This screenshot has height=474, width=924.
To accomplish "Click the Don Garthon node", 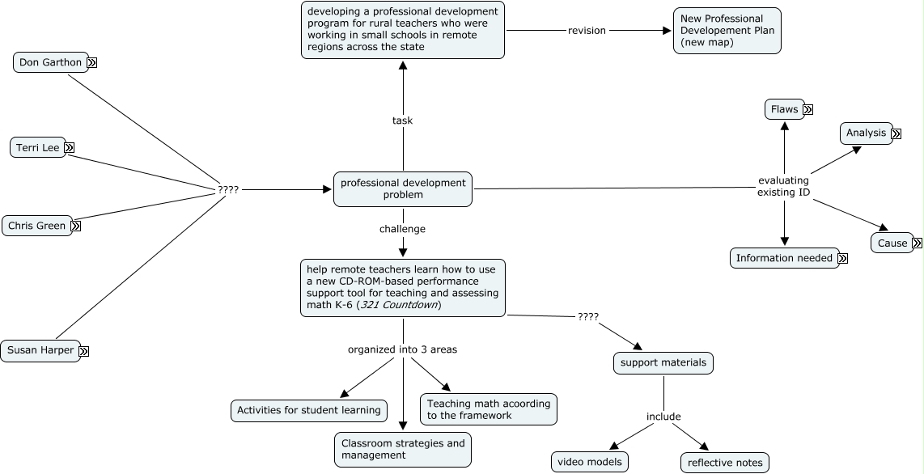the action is (x=51, y=62).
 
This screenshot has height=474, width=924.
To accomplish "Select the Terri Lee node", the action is (x=38, y=147).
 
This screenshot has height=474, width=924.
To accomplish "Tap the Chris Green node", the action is (x=36, y=226).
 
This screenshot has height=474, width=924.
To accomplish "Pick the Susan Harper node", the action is (x=40, y=350).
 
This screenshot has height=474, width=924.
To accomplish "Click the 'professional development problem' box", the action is (x=403, y=189).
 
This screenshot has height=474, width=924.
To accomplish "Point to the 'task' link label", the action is (x=402, y=121).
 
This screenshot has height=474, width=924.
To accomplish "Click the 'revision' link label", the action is (x=587, y=31).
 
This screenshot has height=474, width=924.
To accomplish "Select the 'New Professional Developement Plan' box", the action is (x=727, y=31).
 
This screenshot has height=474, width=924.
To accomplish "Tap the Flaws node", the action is (x=784, y=109).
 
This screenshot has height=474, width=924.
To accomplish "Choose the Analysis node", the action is (x=867, y=133).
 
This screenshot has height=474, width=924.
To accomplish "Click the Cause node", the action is (x=892, y=243).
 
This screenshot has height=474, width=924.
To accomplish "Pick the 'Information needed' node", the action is (x=784, y=258).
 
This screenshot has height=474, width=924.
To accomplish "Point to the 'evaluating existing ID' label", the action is (x=784, y=186).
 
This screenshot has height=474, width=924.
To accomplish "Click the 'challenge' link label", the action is (x=402, y=228).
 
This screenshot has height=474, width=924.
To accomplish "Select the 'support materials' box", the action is (x=663, y=362).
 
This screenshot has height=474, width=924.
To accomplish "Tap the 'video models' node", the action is (x=590, y=462).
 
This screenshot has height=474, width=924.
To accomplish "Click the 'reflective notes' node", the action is (x=725, y=462).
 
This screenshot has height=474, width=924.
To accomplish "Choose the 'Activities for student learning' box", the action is (x=309, y=410).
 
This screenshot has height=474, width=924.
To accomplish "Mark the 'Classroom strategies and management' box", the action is (x=403, y=449).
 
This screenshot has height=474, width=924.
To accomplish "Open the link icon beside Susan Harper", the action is (x=84, y=352).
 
